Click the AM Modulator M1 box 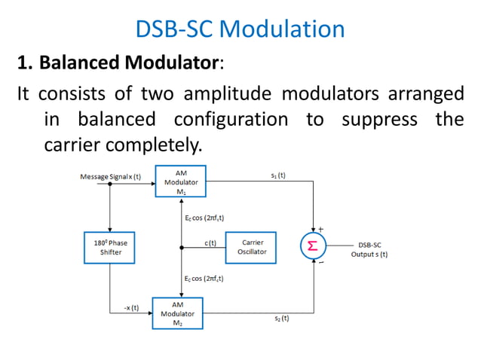pos(181,182)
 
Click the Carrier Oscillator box pos(251,247)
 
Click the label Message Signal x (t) pos(111,176)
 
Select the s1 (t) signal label pos(278,175)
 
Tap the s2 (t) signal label pos(280,319)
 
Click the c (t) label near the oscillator pos(210,243)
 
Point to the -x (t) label pos(130,307)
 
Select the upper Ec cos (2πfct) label pos(204,217)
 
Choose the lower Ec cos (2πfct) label pos(204,278)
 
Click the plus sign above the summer pos(320,228)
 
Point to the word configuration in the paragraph pos(231,119)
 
